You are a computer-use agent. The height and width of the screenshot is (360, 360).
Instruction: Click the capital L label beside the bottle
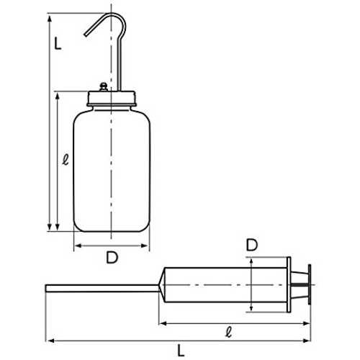(58, 43)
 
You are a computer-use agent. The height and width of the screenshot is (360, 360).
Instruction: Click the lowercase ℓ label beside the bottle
(66, 159)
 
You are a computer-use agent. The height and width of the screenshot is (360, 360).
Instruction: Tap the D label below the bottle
(112, 257)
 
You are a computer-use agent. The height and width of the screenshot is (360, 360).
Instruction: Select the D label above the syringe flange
(252, 245)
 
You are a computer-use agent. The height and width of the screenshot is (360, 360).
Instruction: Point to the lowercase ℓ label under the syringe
(229, 332)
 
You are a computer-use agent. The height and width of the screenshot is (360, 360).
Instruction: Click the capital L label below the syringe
(181, 351)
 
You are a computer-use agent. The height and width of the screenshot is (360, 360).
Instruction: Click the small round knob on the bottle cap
(104, 86)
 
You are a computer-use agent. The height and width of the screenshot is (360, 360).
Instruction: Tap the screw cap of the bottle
(112, 99)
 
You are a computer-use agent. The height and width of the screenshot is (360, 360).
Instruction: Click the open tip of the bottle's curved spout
(85, 35)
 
